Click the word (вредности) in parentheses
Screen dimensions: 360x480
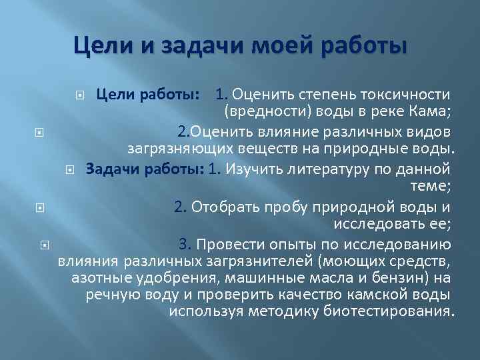(x=259, y=111)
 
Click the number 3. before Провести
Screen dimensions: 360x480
(x=185, y=244)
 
